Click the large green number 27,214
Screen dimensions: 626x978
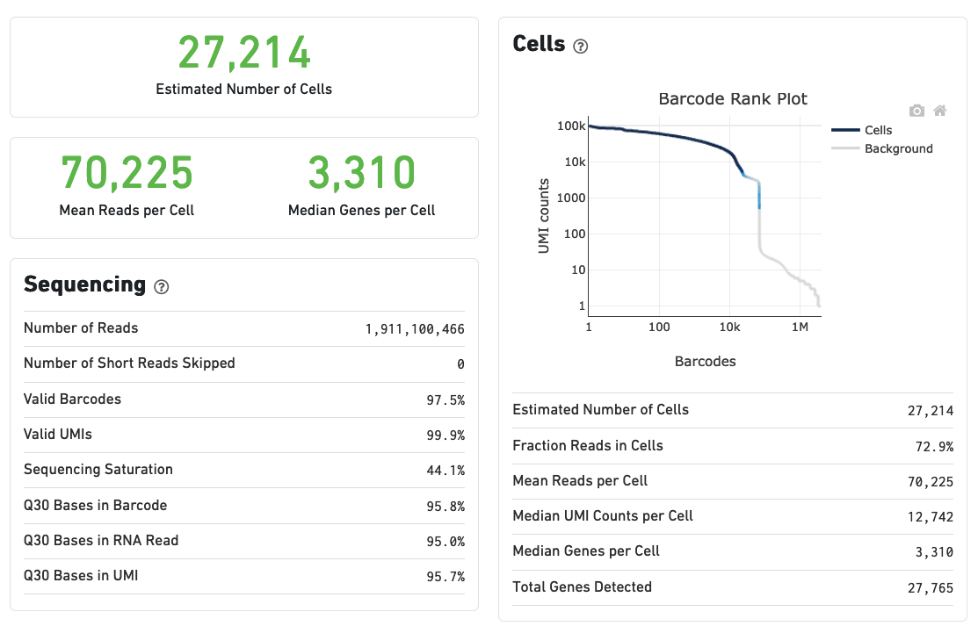point(244,53)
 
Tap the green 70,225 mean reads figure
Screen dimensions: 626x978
point(127,172)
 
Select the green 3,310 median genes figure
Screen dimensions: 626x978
point(361,172)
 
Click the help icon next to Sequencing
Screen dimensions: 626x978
point(161,286)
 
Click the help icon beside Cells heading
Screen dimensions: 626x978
point(580,47)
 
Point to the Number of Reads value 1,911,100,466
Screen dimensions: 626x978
point(415,329)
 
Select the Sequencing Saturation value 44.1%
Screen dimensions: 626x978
point(446,471)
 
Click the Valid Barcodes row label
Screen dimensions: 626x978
point(72,399)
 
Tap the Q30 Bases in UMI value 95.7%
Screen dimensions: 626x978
point(446,577)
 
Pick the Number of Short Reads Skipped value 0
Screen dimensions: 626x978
point(460,364)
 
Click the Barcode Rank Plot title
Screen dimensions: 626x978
point(733,99)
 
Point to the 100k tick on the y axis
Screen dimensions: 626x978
point(571,126)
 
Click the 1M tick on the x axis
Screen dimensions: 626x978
point(800,327)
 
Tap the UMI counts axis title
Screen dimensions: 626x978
point(544,216)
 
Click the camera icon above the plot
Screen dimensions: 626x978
point(916,111)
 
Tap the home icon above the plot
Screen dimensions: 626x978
point(939,111)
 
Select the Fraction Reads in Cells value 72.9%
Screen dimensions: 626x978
point(934,447)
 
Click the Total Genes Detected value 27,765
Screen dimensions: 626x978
point(930,588)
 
